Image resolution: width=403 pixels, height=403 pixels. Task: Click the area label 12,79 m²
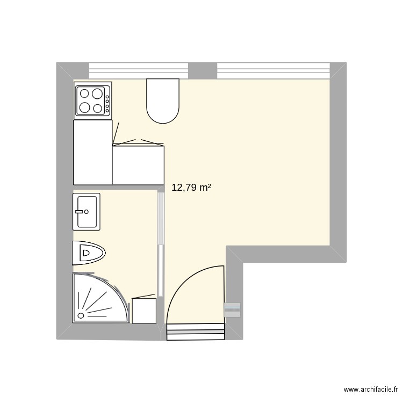point(191,188)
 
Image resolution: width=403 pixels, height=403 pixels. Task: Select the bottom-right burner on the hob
point(97,107)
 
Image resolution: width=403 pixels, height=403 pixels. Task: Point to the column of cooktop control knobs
point(108,100)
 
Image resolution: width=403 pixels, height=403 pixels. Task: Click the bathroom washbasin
point(87,211)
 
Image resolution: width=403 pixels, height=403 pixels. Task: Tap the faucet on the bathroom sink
point(81,211)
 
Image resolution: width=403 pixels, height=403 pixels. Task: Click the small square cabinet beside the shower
point(144,311)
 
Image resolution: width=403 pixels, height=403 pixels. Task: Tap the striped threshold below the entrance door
point(196,332)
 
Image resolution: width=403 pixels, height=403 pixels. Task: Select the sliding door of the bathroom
point(160,243)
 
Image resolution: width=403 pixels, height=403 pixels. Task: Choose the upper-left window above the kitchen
point(139,69)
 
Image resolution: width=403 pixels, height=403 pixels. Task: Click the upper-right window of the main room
point(273,69)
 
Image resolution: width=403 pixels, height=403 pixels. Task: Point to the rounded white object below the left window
point(162,101)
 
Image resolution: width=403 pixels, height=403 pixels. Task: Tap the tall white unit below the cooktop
point(92,152)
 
